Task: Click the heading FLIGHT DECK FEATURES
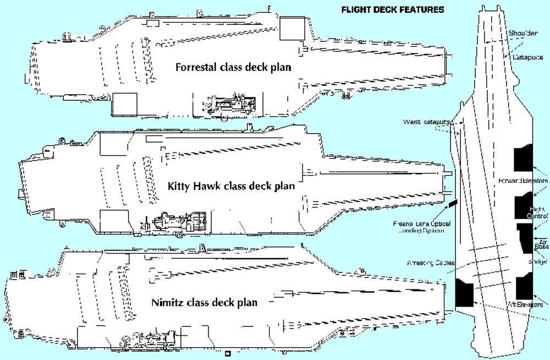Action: pos(393,9)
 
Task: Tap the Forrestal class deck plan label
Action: pos(233,67)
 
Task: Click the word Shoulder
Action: pos(522,33)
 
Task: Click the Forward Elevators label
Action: pos(523,181)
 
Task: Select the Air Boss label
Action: pos(541,244)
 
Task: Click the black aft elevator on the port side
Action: pos(465,292)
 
